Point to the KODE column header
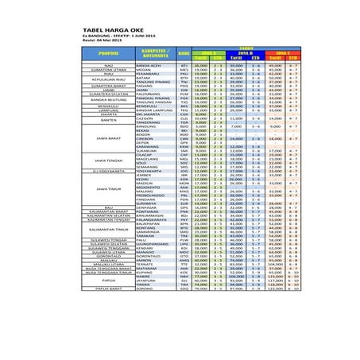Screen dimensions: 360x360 (x=184, y=53)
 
